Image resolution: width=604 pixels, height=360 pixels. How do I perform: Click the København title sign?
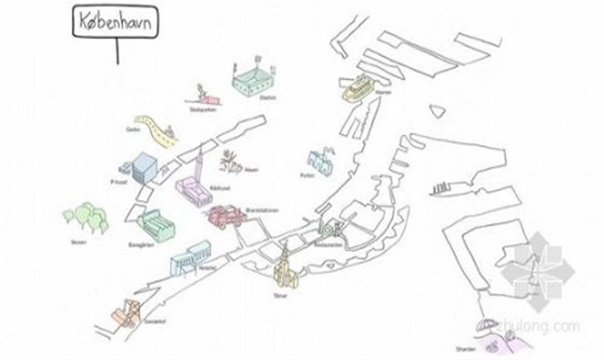coord(115,22)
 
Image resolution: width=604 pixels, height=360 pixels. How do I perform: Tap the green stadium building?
coord(253,81)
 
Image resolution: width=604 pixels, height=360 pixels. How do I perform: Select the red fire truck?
coord(227,216)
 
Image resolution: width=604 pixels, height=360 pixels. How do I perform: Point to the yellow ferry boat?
coord(357,88)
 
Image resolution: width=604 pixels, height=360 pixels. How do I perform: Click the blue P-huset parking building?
coord(144,168)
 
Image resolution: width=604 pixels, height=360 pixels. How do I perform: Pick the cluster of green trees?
coord(86,217)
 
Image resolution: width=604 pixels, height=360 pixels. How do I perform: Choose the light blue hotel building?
coord(190,257)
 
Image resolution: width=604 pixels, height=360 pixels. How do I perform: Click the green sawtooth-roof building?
coord(157,225)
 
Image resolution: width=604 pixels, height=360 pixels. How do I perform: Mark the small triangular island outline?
coord(436,110)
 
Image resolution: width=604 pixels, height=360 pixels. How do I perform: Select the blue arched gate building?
coord(320,161)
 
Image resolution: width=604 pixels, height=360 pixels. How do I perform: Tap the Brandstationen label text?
coord(259,210)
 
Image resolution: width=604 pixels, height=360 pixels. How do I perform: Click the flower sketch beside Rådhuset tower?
coord(231,163)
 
